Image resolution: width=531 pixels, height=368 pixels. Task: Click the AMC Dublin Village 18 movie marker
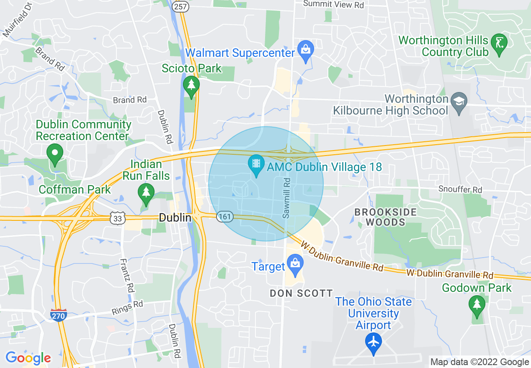coord(256,164)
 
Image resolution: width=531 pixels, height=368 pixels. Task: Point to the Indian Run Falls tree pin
coord(146,194)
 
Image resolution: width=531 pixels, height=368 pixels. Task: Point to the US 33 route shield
coord(118,218)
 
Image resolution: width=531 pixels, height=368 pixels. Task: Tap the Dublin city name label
coord(175,218)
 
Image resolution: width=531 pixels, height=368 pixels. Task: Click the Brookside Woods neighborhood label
coord(386,217)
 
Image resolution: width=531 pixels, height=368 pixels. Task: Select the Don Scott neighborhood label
coord(301,294)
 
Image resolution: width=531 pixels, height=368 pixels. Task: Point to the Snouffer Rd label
coord(460,190)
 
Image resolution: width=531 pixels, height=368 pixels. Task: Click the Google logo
coord(28,358)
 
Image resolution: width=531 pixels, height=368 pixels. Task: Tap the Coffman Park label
coord(75,189)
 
